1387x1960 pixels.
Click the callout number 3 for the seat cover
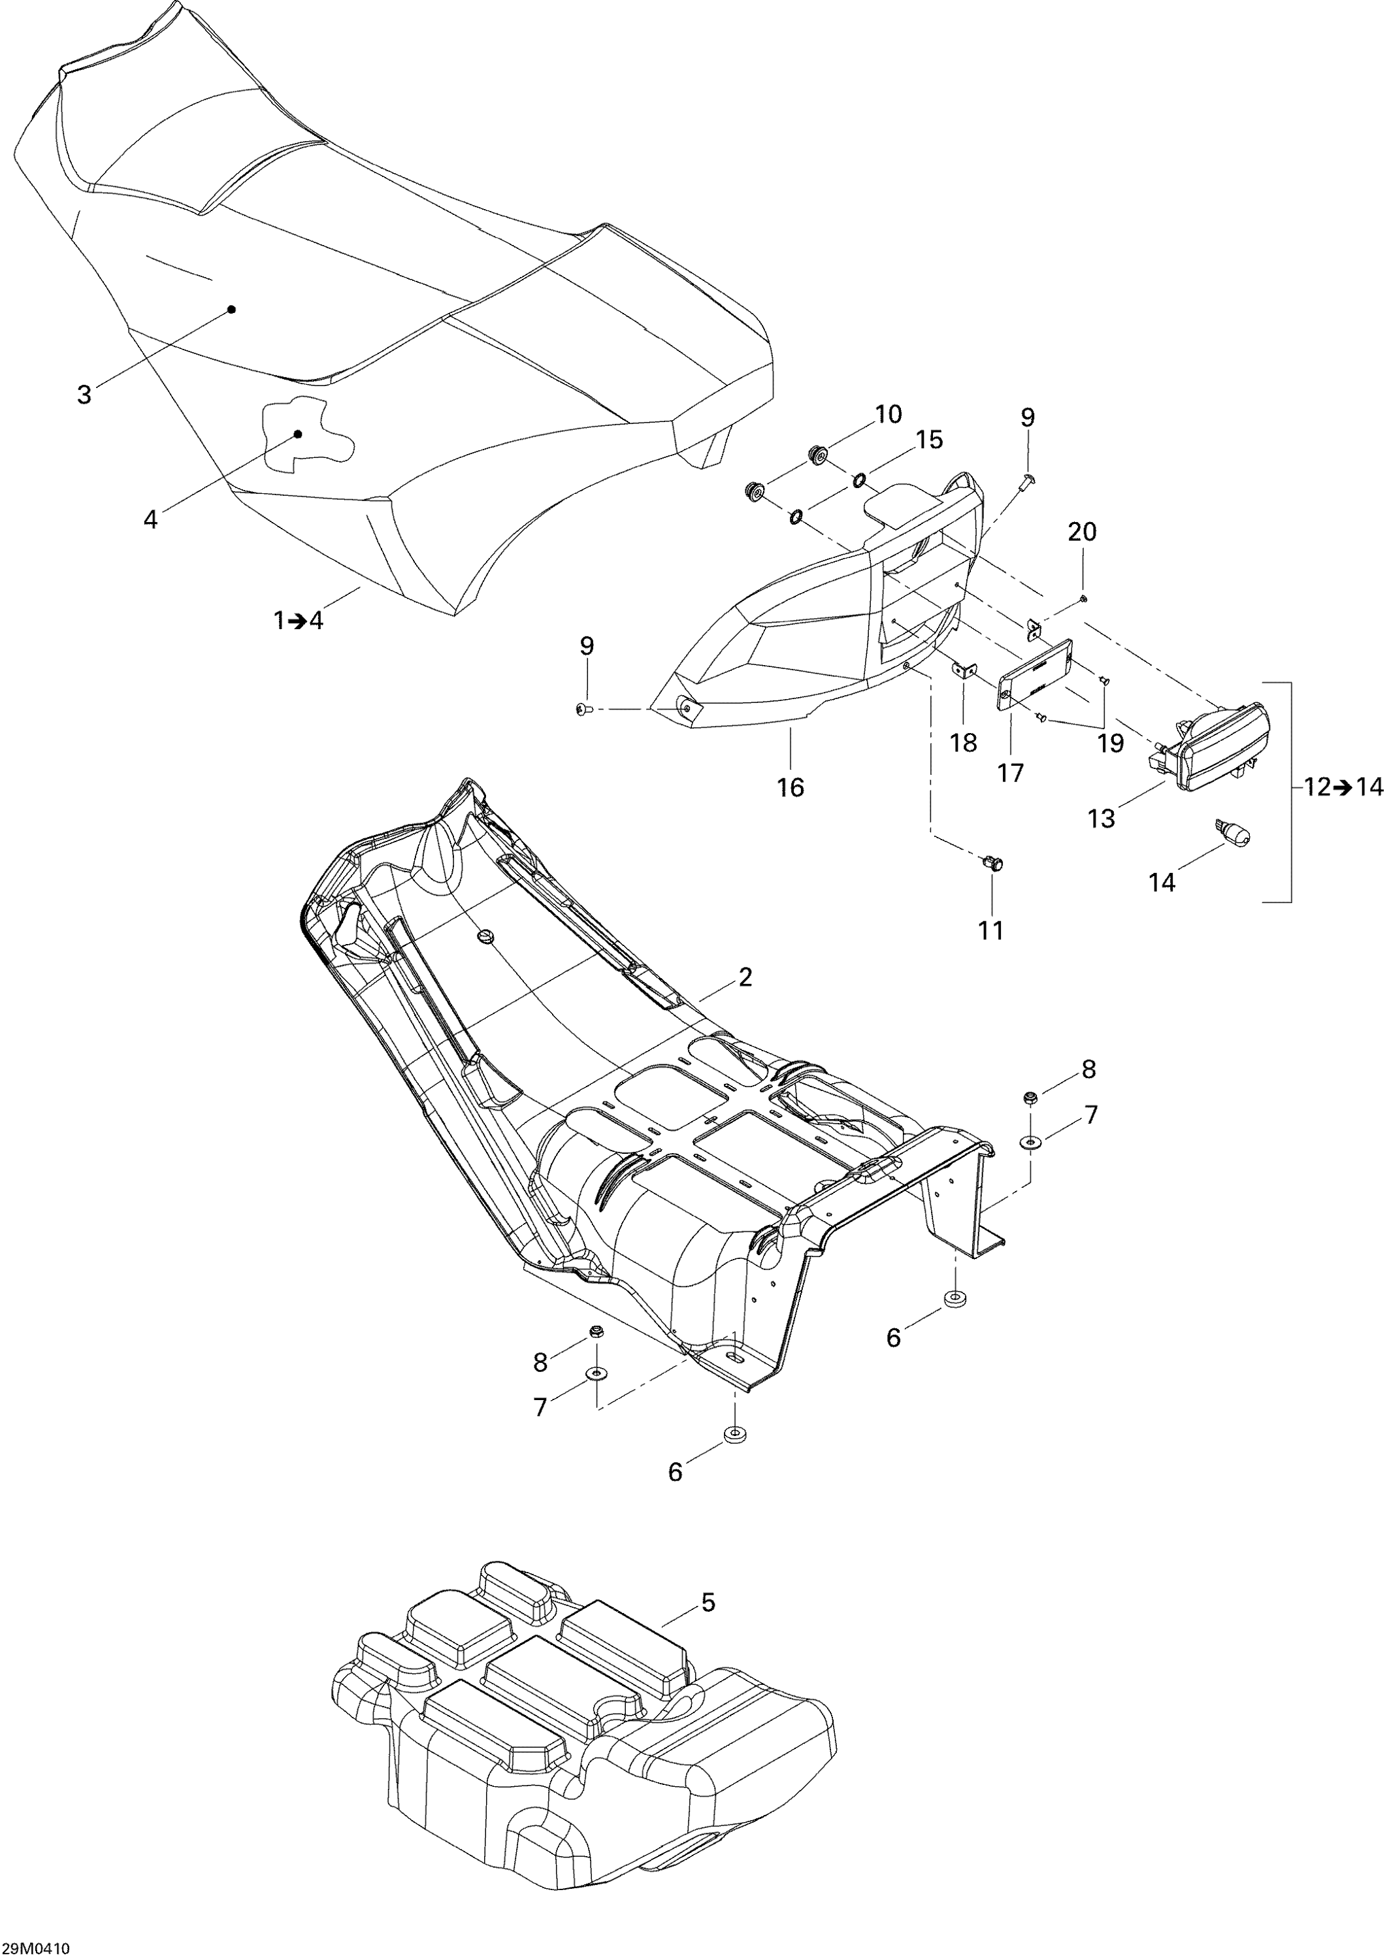pos(84,395)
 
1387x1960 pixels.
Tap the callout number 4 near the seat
pos(151,519)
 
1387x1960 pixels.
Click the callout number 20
pos(1081,532)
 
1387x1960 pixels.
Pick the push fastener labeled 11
pos(992,864)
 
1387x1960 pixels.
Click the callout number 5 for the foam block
pos(708,1603)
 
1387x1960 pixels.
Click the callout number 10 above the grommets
pos(889,414)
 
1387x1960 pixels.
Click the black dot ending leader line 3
pos(231,309)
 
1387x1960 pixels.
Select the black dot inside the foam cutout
pos(298,434)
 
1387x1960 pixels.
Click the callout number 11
pos(990,930)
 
